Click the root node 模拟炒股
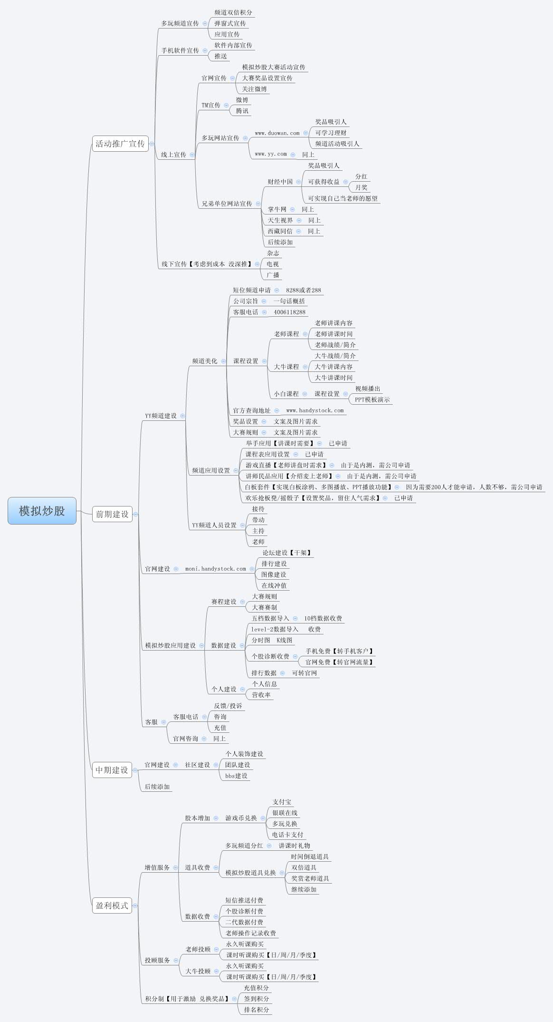[x=42, y=511]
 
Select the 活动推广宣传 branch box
[x=120, y=144]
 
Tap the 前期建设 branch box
[x=112, y=514]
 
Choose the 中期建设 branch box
[x=112, y=770]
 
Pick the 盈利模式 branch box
[x=112, y=905]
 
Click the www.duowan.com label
[x=277, y=133]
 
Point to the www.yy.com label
[x=271, y=154]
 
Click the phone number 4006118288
[x=289, y=312]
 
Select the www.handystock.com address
[x=315, y=410]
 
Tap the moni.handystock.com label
[x=216, y=569]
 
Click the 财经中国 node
[x=280, y=182]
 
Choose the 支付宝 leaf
[x=282, y=802]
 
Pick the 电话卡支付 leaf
[x=287, y=835]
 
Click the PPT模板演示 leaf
[x=372, y=399]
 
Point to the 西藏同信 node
[x=280, y=231]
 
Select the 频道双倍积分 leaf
[x=233, y=12]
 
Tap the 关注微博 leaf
[x=254, y=89]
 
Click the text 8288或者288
[x=303, y=290]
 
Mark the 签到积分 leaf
[x=257, y=999]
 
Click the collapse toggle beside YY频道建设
[x=182, y=416]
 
